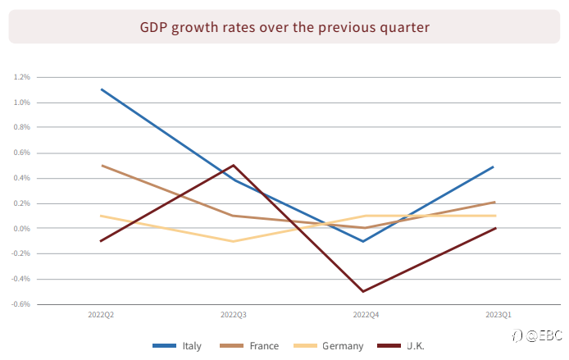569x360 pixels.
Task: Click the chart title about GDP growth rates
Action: point(284,28)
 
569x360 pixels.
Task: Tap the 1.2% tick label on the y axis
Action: point(22,77)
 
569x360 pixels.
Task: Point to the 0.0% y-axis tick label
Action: point(22,228)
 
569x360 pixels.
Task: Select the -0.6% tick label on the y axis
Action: point(20,304)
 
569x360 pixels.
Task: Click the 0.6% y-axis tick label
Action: point(22,153)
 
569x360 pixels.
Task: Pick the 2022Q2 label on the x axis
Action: point(101,315)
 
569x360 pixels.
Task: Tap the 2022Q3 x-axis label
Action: point(234,315)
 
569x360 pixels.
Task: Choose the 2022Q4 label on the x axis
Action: point(366,315)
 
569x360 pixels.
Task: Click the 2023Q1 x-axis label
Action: point(498,315)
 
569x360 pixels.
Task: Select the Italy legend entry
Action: point(177,346)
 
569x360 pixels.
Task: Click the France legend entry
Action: point(249,346)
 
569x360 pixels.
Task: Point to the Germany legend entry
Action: point(329,346)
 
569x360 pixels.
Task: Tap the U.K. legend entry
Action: point(401,346)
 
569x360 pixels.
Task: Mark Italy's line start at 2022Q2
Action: point(102,89)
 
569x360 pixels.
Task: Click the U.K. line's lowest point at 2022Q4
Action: point(363,291)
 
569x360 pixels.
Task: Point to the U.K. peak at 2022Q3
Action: point(234,166)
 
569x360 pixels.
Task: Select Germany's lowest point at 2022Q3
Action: point(234,241)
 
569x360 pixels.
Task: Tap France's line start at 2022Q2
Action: point(102,166)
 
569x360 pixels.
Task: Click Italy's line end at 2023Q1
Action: point(493,167)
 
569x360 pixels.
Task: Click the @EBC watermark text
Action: point(544,335)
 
